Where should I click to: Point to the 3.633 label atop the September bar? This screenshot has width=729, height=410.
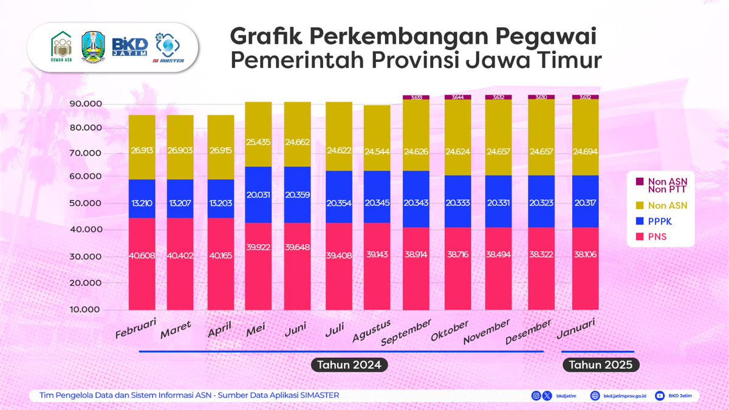(416, 97)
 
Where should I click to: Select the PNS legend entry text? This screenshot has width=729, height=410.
(658, 236)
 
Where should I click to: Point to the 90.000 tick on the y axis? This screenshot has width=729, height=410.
(86, 104)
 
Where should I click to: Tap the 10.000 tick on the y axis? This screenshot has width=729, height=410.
(86, 310)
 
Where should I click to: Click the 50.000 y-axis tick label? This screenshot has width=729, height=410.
(86, 203)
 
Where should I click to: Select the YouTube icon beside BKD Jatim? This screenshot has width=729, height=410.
(660, 395)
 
